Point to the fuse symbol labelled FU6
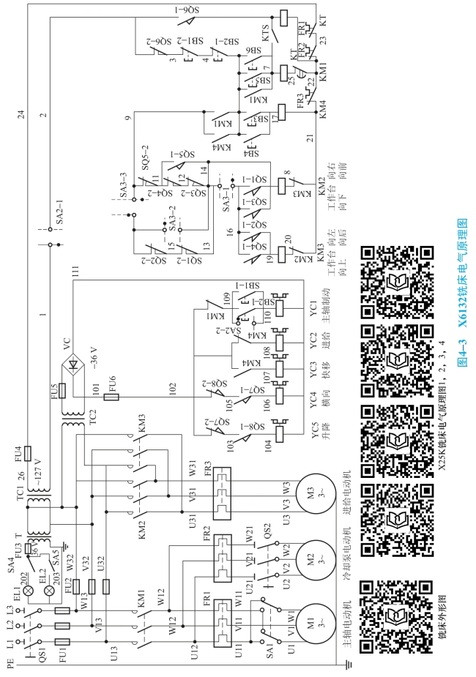113,397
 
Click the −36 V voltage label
93,356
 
